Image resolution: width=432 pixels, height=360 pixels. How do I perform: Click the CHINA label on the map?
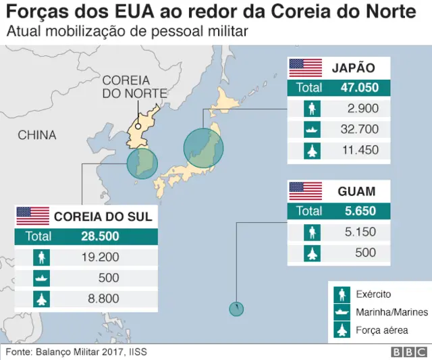(37, 135)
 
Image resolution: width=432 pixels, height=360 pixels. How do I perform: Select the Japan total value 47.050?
(359, 87)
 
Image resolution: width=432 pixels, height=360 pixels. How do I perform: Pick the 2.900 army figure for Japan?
(362, 108)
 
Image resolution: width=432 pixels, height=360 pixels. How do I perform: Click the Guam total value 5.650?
(359, 211)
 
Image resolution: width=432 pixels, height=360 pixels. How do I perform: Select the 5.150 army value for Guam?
(359, 232)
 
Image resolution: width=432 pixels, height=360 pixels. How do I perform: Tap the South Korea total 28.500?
(99, 236)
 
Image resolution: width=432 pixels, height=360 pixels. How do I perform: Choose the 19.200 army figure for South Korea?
(99, 257)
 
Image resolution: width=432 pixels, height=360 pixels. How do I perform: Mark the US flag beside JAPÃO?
(306, 68)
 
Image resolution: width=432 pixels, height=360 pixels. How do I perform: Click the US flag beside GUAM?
(306, 191)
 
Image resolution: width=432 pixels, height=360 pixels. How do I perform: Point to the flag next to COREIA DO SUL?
(33, 216)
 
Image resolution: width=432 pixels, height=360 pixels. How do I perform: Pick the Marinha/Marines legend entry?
(382, 312)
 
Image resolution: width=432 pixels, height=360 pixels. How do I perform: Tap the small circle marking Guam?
(236, 309)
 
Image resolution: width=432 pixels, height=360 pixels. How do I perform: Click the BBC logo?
(408, 352)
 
